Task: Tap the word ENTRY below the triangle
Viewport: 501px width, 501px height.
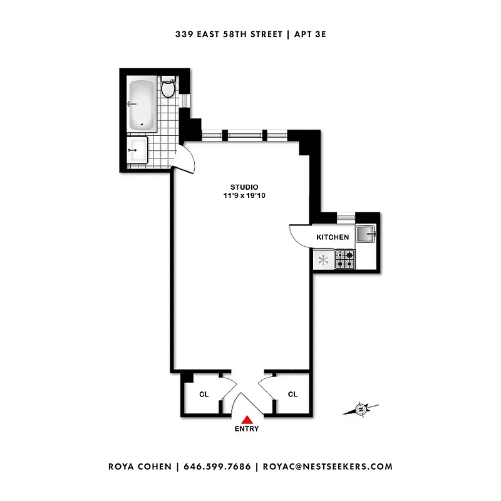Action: click(x=247, y=429)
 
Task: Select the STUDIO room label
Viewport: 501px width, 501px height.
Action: click(x=244, y=187)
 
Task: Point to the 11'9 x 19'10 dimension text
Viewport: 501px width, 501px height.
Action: click(x=244, y=196)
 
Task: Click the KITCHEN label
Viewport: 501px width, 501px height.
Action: click(x=333, y=237)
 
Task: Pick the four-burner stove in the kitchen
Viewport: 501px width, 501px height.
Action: click(x=345, y=259)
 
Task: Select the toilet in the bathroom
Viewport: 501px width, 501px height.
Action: click(x=167, y=87)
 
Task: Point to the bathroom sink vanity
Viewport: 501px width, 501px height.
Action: click(x=138, y=151)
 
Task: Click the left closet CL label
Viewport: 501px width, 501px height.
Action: click(x=204, y=394)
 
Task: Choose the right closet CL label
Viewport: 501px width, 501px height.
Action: click(x=292, y=394)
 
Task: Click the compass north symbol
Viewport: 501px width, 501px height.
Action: click(x=361, y=410)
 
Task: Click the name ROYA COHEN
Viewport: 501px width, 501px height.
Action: click(x=141, y=467)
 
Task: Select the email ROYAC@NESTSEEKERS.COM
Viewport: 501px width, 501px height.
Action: click(x=328, y=467)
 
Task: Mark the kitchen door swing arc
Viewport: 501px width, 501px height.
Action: click(x=299, y=235)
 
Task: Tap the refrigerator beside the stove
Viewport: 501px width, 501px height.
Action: click(x=324, y=259)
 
